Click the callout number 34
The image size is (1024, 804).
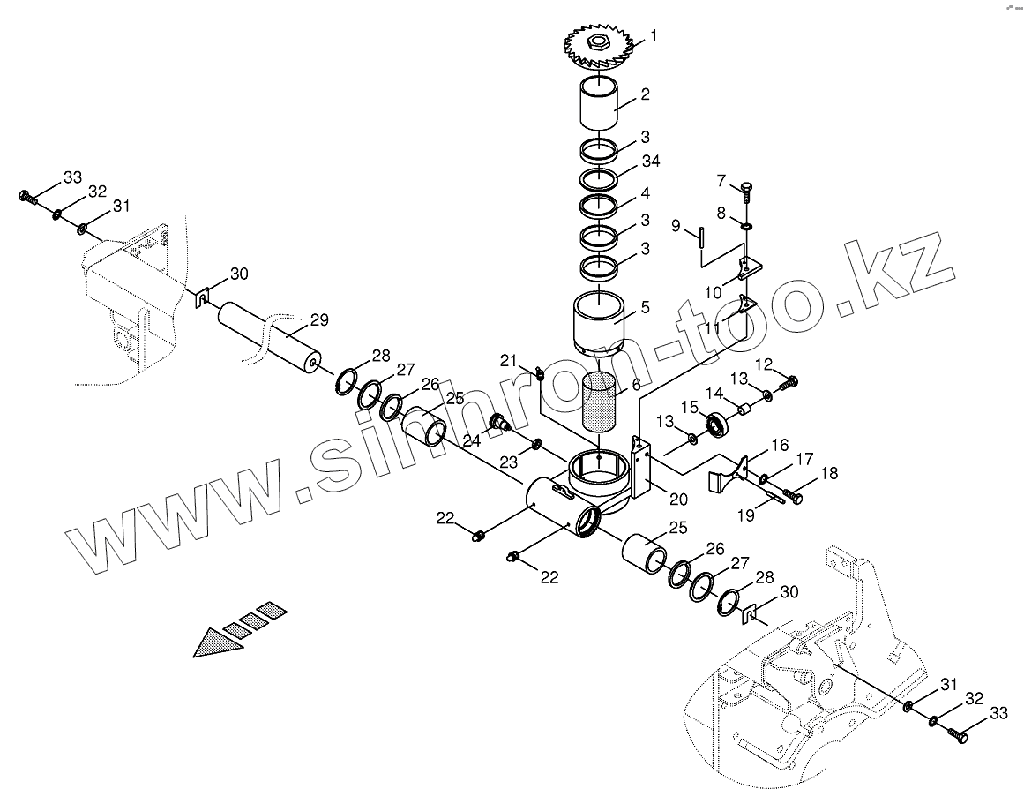click(651, 161)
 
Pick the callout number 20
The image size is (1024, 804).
click(677, 499)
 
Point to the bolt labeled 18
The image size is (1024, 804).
click(793, 497)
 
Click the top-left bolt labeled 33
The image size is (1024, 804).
click(26, 195)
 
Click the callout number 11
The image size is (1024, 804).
click(713, 328)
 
